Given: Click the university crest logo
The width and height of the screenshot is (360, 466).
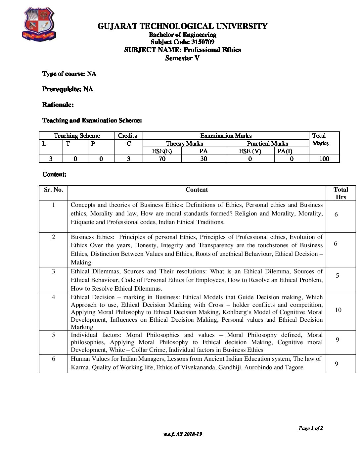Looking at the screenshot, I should point(39,24).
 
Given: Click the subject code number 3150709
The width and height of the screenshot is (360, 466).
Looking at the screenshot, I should point(202,42).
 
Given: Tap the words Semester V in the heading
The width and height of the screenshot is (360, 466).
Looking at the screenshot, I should point(182,58).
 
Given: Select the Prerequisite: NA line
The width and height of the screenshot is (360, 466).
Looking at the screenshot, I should point(67,89).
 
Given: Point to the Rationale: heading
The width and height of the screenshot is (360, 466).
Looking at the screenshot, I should point(58,105).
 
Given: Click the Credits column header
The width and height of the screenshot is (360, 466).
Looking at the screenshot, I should point(127,136).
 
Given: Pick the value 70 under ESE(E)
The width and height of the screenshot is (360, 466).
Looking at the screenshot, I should point(162,159).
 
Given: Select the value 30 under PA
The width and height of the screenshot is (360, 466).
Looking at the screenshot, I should point(203,159).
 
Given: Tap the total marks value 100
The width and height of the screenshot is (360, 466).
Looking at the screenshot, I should point(324,159).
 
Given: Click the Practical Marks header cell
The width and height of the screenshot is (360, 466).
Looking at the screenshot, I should point(267,144).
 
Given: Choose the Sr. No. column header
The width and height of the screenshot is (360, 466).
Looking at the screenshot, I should point(53,190).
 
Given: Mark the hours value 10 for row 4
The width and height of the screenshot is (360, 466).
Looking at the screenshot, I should point(338,310).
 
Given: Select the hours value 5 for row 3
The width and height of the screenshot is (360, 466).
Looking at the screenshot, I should point(337,276).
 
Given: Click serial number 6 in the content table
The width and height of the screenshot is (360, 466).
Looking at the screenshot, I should point(53,359).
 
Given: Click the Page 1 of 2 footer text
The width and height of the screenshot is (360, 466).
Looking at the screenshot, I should point(311,428).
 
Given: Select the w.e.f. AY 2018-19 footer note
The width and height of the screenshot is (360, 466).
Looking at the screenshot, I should point(182,434).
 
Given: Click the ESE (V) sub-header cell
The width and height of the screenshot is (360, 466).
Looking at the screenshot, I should point(250,151).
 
